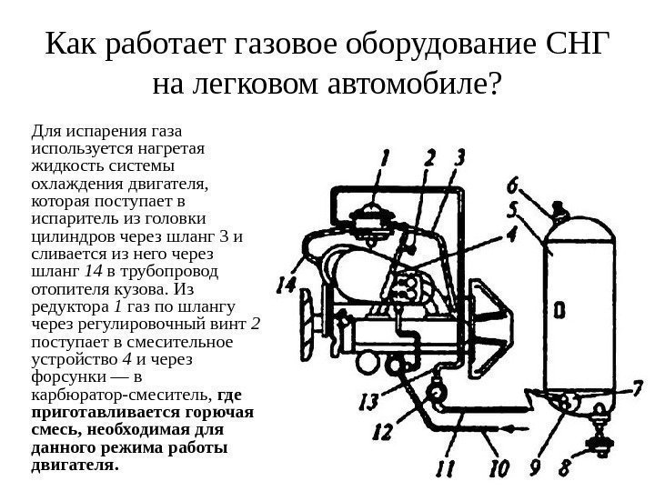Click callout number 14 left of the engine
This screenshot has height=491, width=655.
pos(287,285)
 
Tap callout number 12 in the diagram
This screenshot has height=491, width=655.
pos(383,430)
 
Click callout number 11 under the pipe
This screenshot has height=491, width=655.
pos(446,470)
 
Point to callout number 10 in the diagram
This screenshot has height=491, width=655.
pos(499,470)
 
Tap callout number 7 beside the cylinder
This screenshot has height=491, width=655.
pos(620,388)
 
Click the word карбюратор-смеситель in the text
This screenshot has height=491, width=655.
pos(119,396)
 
